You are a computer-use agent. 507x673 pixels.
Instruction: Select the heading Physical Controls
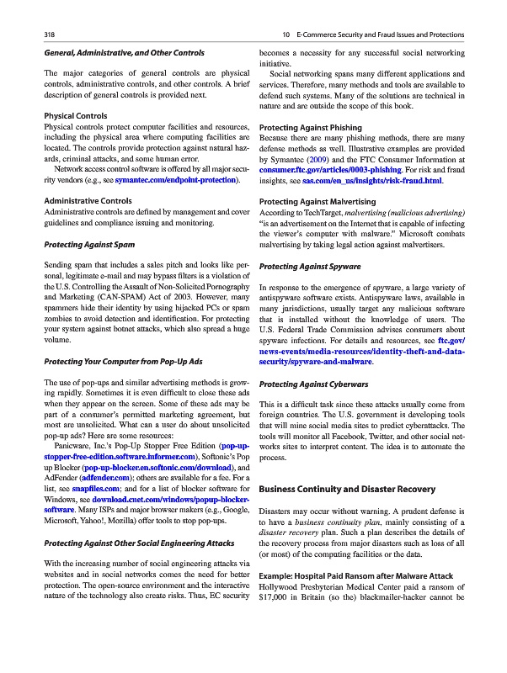pos(75,115)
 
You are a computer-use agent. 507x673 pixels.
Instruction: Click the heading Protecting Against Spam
pos(88,245)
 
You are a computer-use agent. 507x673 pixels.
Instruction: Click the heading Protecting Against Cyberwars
pos(312,384)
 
